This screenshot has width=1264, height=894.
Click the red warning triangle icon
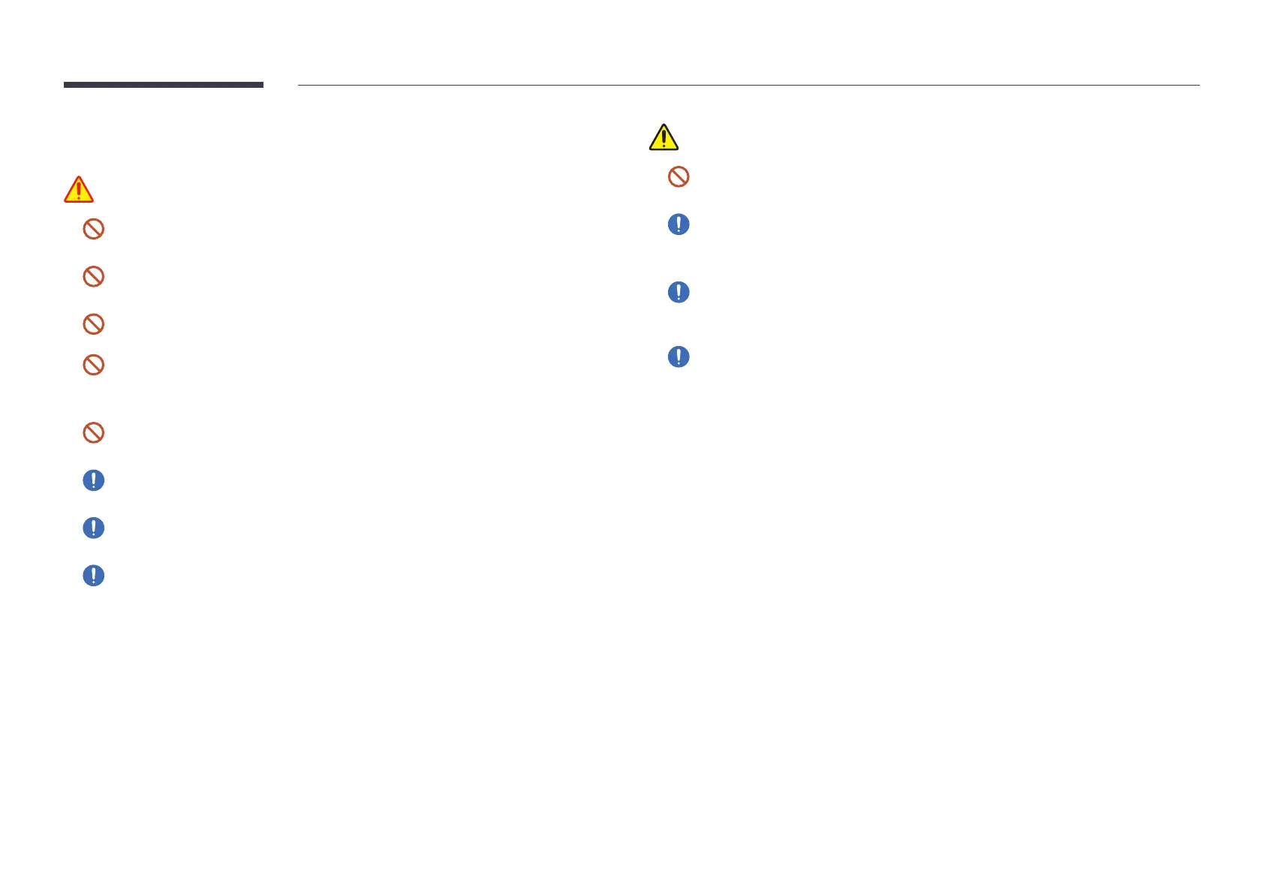coord(79,190)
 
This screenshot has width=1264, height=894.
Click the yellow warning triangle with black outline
coord(664,138)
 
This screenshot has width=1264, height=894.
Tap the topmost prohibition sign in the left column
coord(93,229)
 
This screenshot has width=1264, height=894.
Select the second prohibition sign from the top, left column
coord(93,276)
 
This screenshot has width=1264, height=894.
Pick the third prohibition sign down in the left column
coord(93,324)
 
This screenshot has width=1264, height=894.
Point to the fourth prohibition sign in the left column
coord(93,365)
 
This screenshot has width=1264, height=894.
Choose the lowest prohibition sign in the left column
coord(93,432)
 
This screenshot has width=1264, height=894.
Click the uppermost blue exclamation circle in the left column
coord(93,480)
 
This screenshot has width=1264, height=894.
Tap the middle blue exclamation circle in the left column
coord(93,528)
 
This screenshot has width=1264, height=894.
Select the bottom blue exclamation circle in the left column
coord(93,576)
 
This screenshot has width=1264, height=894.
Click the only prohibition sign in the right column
coord(679,176)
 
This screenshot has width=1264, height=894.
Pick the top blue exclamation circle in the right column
coord(679,224)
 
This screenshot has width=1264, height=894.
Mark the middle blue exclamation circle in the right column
coord(679,292)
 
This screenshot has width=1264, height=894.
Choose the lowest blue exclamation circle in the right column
coord(679,357)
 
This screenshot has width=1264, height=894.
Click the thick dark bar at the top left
coord(164,85)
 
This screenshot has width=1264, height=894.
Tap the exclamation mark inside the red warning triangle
coord(79,191)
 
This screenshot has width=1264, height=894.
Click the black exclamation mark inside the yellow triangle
coord(664,140)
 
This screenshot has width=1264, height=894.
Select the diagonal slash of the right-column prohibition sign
coord(679,176)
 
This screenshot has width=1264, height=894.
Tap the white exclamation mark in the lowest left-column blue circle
coord(93,576)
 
